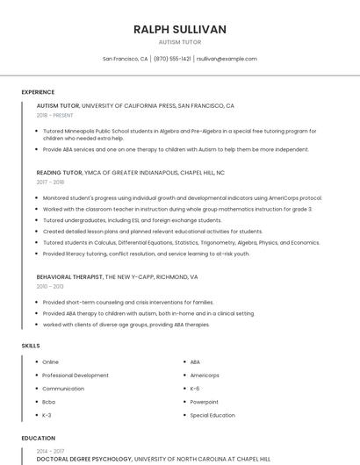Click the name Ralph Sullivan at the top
click(179, 29)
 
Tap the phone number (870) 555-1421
click(172, 59)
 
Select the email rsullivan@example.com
click(227, 59)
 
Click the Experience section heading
click(38, 92)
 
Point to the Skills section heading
click(31, 346)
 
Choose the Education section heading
click(38, 437)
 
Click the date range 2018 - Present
click(55, 115)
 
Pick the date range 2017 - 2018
click(50, 182)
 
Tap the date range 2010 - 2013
click(50, 286)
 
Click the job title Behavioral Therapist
click(69, 276)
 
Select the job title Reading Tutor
click(60, 173)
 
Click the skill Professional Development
click(76, 376)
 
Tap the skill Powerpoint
click(205, 402)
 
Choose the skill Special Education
click(212, 415)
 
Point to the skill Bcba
click(49, 402)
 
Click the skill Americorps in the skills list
click(205, 376)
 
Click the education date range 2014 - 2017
click(50, 451)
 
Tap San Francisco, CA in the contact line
click(125, 59)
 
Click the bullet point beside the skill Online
click(36, 361)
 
